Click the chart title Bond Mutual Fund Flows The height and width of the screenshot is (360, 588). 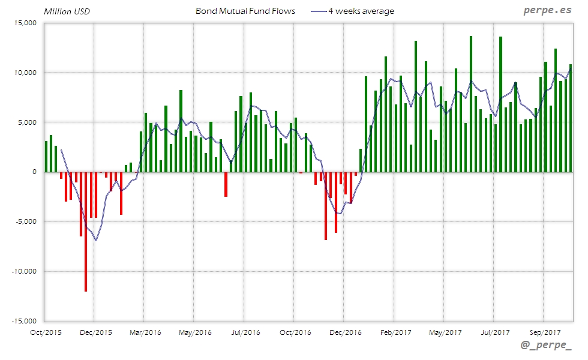[245, 11]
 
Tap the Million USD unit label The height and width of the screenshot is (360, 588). [67, 11]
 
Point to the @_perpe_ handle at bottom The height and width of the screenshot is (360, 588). [547, 347]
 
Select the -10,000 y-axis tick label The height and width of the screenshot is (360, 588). [23, 271]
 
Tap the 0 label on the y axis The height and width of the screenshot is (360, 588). [34, 172]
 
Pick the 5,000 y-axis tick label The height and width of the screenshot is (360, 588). [26, 122]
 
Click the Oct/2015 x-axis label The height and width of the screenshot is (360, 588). [46, 332]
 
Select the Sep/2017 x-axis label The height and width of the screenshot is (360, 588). [545, 332]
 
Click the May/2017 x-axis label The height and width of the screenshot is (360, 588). [445, 332]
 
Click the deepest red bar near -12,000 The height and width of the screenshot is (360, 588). [86, 231]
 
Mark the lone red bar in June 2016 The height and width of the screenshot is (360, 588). [226, 184]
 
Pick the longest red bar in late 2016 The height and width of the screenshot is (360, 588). [326, 206]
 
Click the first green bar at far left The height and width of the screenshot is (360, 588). [46, 157]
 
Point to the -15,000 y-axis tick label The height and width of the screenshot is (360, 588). [23, 321]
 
